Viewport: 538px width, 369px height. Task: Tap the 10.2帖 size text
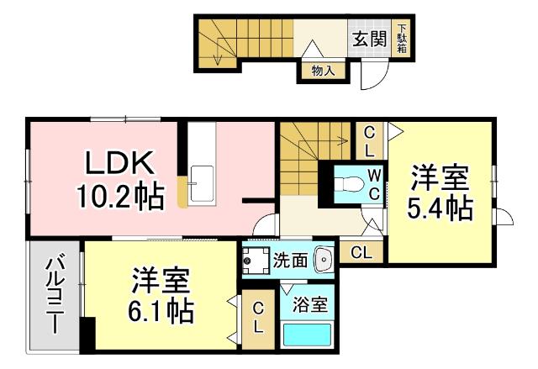120,198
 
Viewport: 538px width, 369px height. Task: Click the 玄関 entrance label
369,38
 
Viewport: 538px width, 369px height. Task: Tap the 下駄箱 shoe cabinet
402,39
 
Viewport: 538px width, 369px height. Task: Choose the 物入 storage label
323,71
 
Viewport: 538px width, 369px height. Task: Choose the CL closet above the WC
369,140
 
